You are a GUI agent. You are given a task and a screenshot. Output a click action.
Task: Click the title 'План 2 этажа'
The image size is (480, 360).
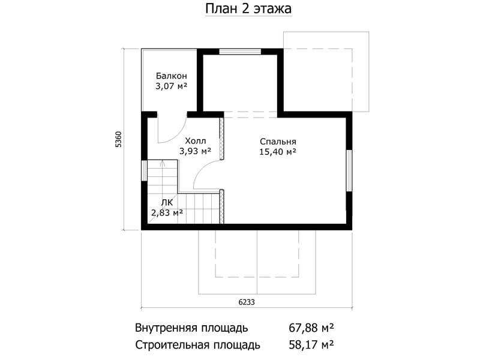click(248, 8)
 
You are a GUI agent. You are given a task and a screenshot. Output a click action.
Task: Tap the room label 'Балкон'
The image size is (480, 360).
click(171, 76)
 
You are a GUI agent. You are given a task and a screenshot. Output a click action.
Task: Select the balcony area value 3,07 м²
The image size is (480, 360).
click(171, 86)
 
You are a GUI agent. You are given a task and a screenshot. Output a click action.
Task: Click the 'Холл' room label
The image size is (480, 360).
click(196, 141)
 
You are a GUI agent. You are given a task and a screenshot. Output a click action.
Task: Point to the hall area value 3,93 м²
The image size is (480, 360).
click(196, 151)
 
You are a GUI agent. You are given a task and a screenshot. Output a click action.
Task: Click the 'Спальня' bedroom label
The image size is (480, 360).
click(278, 142)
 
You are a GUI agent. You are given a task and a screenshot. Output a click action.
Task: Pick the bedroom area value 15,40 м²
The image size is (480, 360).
click(278, 152)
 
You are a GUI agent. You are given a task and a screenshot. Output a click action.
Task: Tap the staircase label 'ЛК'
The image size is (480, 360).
click(167, 202)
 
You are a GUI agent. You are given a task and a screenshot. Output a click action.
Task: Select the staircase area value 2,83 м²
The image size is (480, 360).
click(167, 212)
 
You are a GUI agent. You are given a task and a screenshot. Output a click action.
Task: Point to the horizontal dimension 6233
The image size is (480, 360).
click(247, 302)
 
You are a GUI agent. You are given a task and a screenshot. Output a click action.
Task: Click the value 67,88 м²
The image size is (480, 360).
click(311, 328)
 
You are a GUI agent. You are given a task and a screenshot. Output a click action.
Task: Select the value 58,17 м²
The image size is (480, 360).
click(311, 345)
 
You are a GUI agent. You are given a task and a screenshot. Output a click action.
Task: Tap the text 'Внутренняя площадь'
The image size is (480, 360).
click(191, 328)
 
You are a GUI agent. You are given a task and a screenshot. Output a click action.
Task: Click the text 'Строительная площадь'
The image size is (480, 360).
click(198, 345)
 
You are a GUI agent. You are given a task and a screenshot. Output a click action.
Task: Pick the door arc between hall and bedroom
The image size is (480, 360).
click(200, 169)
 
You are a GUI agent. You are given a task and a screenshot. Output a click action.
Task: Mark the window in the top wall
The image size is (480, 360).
click(240, 52)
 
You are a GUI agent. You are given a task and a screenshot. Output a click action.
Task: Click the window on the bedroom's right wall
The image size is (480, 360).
click(349, 170)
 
